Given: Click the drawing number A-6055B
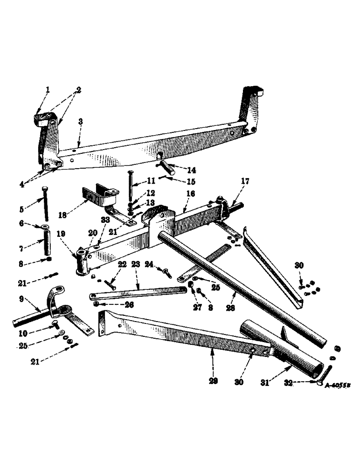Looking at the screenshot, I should click(339, 386).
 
